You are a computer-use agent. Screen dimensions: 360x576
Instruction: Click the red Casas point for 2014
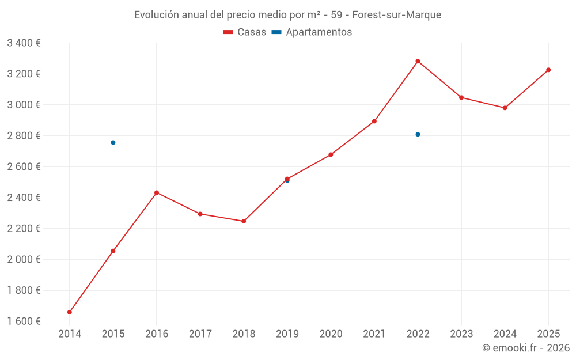(x=70, y=312)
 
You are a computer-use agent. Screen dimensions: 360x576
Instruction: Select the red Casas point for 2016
(x=157, y=192)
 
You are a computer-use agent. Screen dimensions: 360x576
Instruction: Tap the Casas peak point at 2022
(x=418, y=61)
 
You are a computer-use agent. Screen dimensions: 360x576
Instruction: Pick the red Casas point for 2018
(x=244, y=221)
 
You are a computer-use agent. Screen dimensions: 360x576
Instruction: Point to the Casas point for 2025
(x=548, y=70)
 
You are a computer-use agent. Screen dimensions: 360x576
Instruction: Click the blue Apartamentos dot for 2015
(x=113, y=142)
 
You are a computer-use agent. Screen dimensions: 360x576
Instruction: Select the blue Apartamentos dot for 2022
(x=418, y=134)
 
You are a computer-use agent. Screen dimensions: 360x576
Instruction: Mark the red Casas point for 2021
(x=374, y=121)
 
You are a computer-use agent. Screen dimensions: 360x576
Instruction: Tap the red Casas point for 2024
(x=505, y=108)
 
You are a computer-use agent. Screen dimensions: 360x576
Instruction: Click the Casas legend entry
(x=245, y=32)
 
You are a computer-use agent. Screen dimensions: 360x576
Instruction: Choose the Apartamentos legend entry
(x=312, y=32)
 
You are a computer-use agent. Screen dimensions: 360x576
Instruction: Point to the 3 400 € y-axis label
(x=24, y=43)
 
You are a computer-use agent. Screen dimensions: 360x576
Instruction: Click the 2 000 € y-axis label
(x=24, y=259)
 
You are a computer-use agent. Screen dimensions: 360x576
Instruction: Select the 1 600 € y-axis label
(x=24, y=321)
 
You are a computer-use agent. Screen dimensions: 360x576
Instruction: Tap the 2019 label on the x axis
(x=287, y=334)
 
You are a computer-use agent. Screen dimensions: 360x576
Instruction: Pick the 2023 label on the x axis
(x=461, y=334)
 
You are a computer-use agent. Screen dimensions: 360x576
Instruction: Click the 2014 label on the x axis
(x=70, y=334)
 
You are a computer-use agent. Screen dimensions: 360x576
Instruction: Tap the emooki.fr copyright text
(x=526, y=348)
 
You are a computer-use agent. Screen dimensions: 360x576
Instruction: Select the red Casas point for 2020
(x=331, y=154)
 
